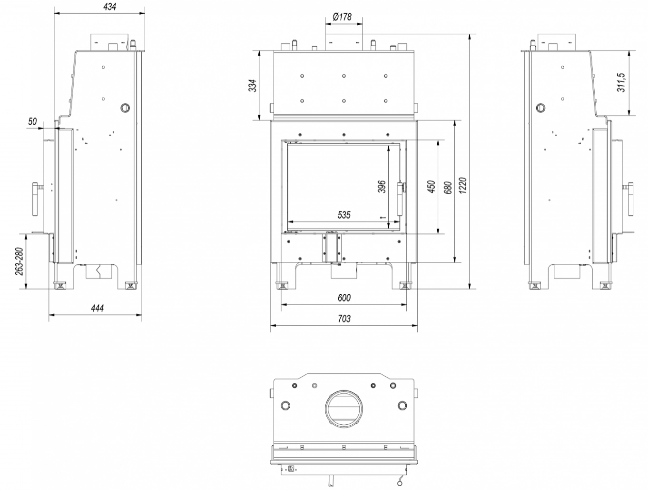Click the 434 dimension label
[109, 7]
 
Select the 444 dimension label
[97, 308]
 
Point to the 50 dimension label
[32, 121]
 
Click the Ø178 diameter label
[342, 17]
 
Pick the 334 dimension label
[253, 86]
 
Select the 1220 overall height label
[463, 185]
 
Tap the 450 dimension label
[431, 187]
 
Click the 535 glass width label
[344, 215]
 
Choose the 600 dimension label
[344, 298]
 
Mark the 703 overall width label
[344, 319]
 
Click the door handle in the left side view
[35, 199]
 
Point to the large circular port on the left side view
[125, 108]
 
